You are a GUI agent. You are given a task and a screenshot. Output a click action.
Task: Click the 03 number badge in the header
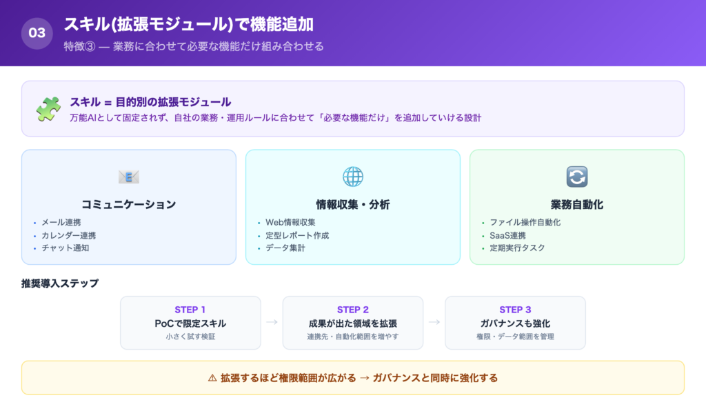(37, 33)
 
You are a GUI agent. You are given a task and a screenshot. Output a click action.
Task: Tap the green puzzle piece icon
(48, 109)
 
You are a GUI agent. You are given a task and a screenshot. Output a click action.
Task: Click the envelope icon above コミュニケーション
(129, 177)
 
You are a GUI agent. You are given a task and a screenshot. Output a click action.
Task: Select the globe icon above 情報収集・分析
(353, 177)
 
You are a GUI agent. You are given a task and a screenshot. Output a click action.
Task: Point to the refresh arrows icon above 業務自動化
(576, 177)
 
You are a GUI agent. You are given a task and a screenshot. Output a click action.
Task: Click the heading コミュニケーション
(129, 204)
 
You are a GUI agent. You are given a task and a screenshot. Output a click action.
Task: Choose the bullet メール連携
(61, 223)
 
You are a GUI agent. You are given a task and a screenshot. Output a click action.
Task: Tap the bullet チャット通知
(66, 248)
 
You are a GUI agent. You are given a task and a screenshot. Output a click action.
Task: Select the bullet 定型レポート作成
(297, 235)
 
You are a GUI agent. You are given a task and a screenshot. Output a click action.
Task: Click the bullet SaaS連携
(509, 235)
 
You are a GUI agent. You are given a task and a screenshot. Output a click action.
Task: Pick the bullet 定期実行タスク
(517, 248)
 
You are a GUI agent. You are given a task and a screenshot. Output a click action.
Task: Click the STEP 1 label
(190, 310)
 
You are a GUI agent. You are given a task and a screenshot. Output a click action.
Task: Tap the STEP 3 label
(515, 310)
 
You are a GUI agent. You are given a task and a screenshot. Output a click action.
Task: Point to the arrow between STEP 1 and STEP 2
(272, 322)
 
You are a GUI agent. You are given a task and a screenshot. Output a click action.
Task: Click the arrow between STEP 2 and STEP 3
(434, 322)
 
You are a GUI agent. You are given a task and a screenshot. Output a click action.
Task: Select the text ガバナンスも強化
(515, 323)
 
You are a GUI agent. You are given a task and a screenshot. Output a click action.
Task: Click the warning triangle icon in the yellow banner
(212, 378)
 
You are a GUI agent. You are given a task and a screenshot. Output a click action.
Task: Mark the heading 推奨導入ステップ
(60, 283)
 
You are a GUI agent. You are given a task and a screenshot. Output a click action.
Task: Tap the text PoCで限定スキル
(190, 323)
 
